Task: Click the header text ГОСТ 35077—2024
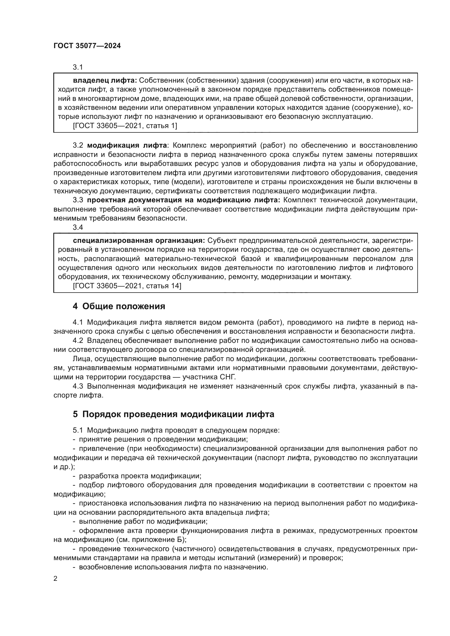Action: [87, 46]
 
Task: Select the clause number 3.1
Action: [78, 67]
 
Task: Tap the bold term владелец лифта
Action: [105, 80]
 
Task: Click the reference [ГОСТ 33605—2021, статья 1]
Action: [125, 126]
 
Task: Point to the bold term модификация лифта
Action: [127, 145]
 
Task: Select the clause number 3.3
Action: [78, 200]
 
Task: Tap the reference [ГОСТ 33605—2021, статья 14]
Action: [127, 286]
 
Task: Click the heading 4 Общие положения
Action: [119, 306]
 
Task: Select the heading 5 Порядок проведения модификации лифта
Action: [174, 422]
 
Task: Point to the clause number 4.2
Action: [78, 340]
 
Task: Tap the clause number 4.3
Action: [78, 386]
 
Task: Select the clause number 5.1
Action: [78, 438]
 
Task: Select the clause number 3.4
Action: [78, 227]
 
